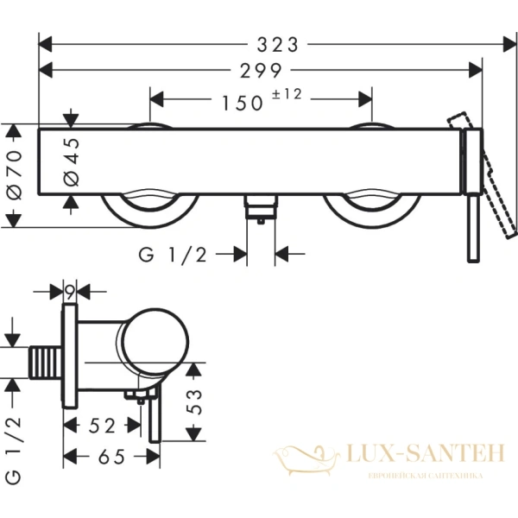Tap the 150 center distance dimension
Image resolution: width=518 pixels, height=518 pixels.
click(x=241, y=102)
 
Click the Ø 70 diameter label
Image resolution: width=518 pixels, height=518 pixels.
click(x=16, y=176)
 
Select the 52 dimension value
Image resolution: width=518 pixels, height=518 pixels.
click(x=103, y=425)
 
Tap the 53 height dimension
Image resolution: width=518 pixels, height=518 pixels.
click(x=196, y=401)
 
